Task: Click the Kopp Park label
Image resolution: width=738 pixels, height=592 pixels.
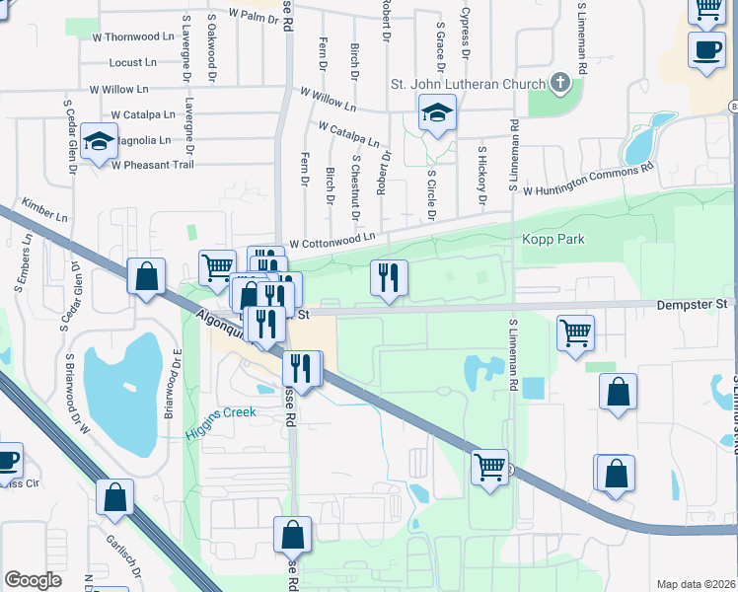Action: [x=553, y=239]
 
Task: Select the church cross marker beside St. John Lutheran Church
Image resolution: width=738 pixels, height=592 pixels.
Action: [x=561, y=82]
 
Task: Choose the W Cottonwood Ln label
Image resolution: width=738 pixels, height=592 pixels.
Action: [x=332, y=240]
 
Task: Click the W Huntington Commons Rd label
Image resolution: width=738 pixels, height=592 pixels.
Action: [x=589, y=180]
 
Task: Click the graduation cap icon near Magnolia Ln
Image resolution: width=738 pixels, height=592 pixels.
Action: [x=100, y=142]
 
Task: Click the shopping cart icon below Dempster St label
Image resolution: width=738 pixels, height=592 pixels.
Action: [x=575, y=332]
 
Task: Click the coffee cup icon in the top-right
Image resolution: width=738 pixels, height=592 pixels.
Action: [x=706, y=50]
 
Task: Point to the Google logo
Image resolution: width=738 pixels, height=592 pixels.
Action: [x=34, y=580]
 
